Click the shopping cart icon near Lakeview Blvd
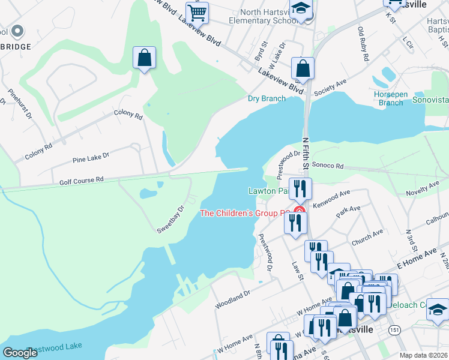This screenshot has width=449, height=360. (197, 12)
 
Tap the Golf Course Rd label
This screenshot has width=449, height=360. (81, 179)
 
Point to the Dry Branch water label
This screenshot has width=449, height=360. (267, 98)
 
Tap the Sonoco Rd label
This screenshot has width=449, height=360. (327, 165)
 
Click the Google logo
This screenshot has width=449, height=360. (20, 352)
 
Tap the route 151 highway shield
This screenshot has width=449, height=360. (394, 330)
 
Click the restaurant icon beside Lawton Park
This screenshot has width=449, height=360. (299, 188)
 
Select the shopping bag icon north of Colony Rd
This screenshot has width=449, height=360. (144, 58)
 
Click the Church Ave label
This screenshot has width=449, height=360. (367, 237)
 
